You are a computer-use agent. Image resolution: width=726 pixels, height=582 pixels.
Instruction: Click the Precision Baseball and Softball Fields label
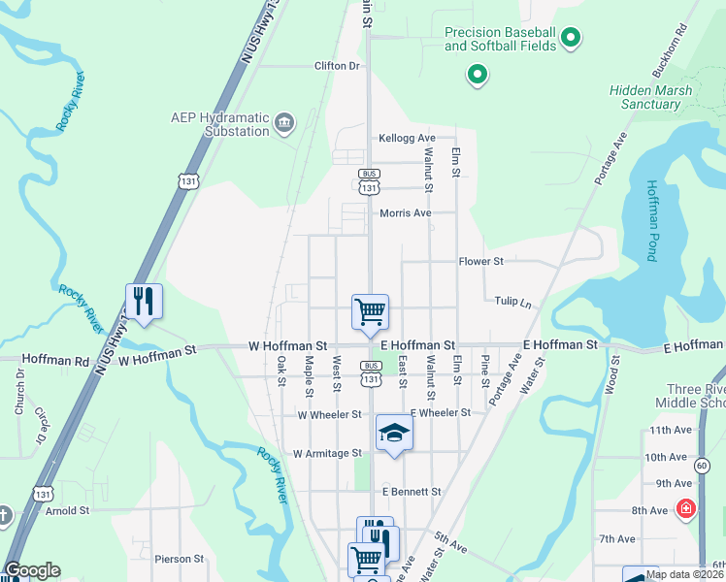pyautogui.click(x=500, y=39)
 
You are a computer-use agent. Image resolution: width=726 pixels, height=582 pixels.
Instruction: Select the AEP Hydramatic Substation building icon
pyautogui.click(x=283, y=121)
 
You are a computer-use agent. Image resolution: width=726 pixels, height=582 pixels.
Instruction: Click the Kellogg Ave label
pyautogui.click(x=407, y=139)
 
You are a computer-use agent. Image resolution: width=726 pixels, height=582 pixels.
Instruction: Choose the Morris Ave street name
pyautogui.click(x=405, y=213)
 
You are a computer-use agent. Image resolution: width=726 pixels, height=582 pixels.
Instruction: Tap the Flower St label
pyautogui.click(x=481, y=262)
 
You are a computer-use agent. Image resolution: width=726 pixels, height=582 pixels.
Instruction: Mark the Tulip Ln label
pyautogui.click(x=513, y=303)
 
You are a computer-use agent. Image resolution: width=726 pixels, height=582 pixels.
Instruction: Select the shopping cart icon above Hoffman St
pyautogui.click(x=370, y=311)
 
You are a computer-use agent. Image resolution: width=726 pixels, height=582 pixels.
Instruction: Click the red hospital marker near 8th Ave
pyautogui.click(x=686, y=507)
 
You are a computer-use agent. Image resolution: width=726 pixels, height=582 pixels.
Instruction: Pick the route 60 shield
pyautogui.click(x=701, y=466)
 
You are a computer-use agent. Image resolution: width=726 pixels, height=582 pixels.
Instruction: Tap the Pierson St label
pyautogui.click(x=179, y=560)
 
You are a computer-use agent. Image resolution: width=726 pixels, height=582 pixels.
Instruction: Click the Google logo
pyautogui.click(x=32, y=570)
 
